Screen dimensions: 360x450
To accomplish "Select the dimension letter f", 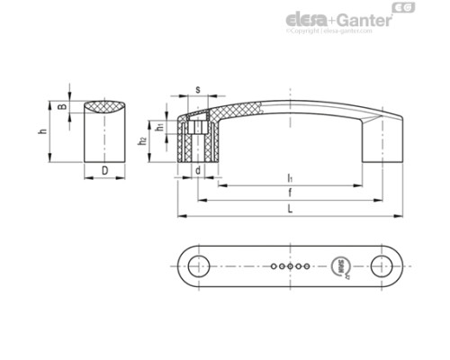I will [290, 193].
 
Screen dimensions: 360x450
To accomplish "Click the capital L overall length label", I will [290, 209].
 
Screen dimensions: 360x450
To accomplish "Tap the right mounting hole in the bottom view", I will [383, 265].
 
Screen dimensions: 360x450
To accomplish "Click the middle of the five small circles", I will [289, 266].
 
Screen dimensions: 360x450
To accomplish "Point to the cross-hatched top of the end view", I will [104, 108].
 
